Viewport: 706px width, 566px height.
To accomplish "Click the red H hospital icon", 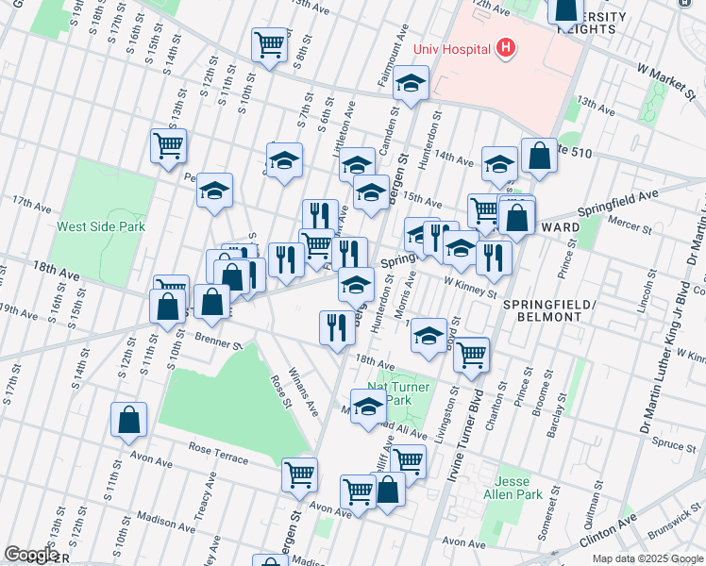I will coord(507,47).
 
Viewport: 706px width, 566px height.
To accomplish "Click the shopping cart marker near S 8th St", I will coord(269,43).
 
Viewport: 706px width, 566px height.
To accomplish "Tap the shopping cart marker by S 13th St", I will coord(168,145).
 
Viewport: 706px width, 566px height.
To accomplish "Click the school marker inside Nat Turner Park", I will coord(369,406).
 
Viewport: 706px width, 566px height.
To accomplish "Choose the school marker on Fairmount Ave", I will coord(411,83).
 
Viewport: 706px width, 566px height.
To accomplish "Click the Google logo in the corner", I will coord(31,555).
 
